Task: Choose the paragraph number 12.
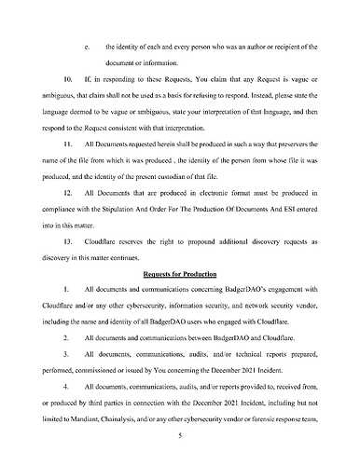click(68, 199)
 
